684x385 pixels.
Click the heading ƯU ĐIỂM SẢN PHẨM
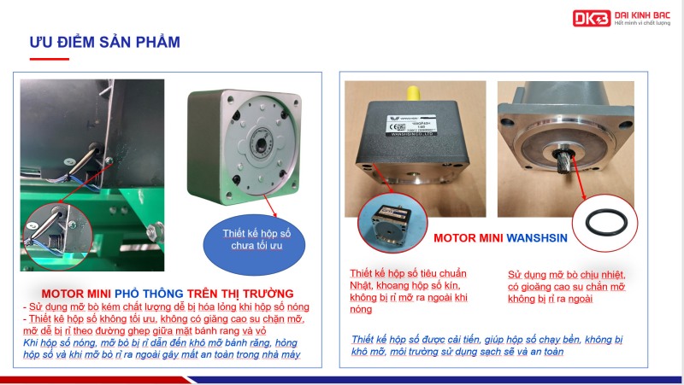(x=104, y=42)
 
